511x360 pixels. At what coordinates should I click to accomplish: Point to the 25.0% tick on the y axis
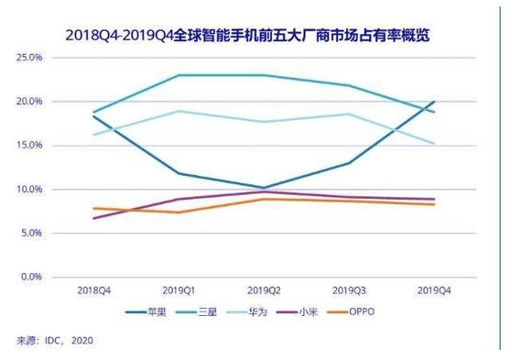(31, 58)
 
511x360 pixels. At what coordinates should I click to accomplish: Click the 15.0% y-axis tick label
(31, 146)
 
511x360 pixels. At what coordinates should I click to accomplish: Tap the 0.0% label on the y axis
(33, 277)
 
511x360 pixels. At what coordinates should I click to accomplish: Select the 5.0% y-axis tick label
(33, 234)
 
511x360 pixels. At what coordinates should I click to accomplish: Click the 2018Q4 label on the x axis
(93, 291)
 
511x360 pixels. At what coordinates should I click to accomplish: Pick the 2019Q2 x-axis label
(265, 291)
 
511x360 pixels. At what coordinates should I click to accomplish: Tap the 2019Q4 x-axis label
(434, 291)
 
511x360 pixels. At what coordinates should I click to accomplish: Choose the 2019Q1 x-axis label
(179, 291)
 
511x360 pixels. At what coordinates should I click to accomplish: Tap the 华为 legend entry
(264, 311)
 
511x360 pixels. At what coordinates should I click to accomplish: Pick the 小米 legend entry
(322, 311)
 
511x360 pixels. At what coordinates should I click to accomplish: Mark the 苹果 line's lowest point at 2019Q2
(265, 188)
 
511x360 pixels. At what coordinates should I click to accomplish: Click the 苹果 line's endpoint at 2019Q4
(434, 102)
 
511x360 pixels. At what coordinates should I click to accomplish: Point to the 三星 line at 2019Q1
(179, 75)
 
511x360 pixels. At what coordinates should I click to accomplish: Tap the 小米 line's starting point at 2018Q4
(93, 218)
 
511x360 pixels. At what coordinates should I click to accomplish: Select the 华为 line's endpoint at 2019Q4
(434, 143)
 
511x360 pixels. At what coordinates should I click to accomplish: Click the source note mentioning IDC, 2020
(55, 340)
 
